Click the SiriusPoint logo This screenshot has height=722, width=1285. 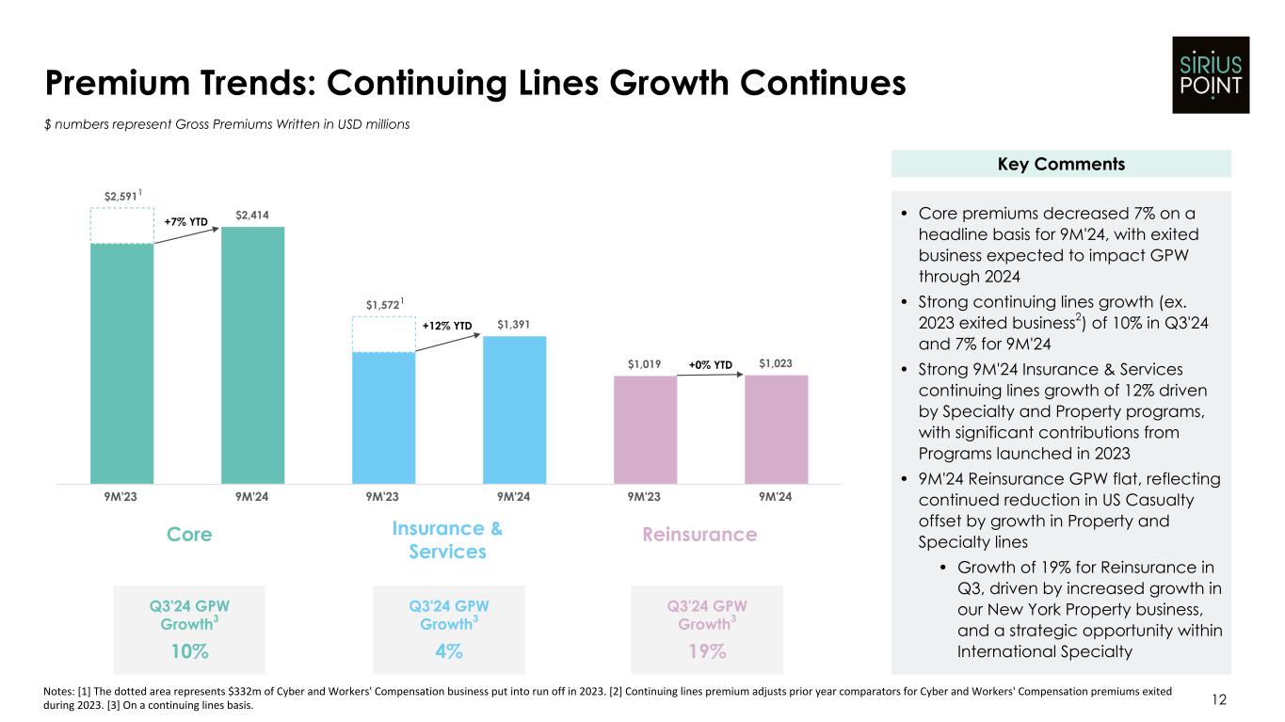(1211, 74)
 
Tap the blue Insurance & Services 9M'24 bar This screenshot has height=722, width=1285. (514, 409)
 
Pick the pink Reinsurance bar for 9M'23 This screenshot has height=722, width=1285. (645, 429)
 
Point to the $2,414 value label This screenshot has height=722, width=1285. (252, 215)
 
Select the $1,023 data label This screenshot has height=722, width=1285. (777, 363)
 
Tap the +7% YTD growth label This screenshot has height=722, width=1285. (185, 222)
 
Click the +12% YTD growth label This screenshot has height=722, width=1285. (447, 326)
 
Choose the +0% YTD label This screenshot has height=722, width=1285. (710, 363)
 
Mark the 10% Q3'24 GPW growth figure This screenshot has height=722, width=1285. (189, 651)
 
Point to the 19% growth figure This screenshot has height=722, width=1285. (707, 651)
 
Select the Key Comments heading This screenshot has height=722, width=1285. (1061, 164)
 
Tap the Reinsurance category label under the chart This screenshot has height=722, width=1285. (699, 535)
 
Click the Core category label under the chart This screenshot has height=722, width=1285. (189, 535)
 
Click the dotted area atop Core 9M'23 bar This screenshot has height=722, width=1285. (121, 225)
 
